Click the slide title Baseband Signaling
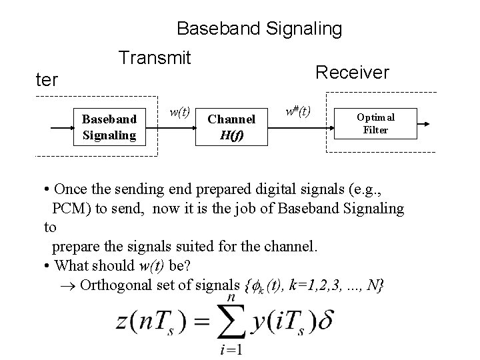coord(259,29)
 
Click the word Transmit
coord(155,58)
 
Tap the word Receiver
coord(352,71)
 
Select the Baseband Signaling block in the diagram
coord(109,127)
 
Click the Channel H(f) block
coord(231,127)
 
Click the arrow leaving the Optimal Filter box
coord(427,123)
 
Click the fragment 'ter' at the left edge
coord(47,81)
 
